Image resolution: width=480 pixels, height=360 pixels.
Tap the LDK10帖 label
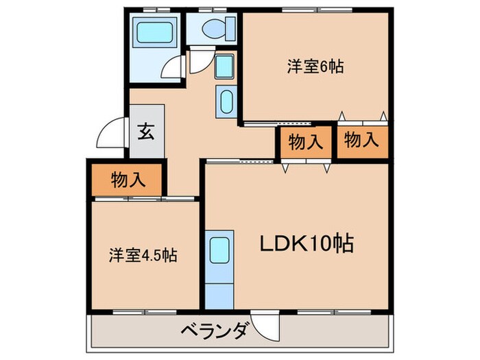[306, 243]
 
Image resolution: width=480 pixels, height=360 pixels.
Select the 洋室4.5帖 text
[143, 256]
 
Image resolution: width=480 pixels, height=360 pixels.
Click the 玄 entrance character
[147, 130]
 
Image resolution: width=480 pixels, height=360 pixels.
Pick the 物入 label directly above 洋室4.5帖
[128, 180]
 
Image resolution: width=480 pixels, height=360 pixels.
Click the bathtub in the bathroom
[155, 32]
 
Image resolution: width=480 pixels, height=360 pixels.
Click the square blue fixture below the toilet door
[224, 67]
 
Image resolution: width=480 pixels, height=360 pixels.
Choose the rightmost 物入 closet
[361, 141]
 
